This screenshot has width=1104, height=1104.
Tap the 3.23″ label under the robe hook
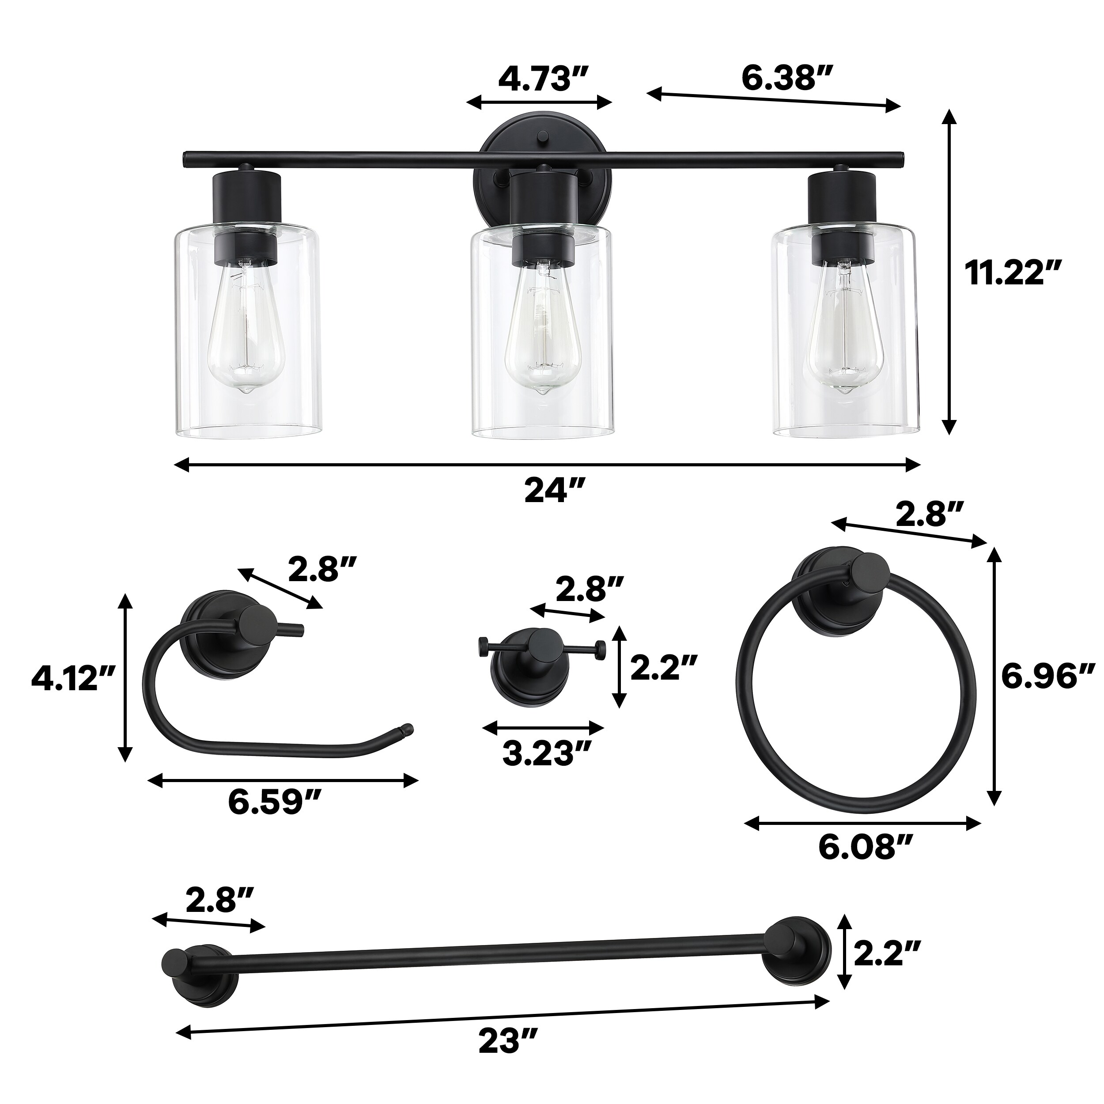[546, 753]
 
